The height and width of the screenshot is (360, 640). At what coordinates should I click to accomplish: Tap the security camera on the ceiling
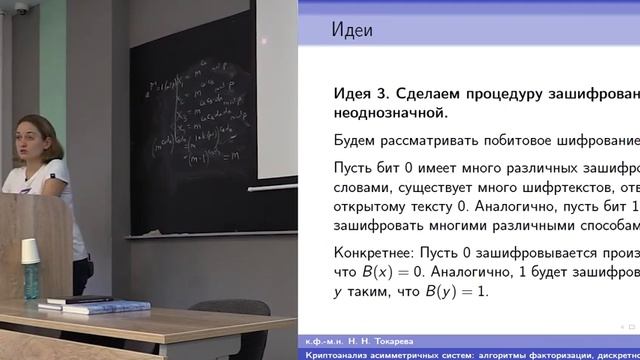click(x=22, y=9)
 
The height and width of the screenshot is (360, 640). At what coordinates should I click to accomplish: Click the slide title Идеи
click(x=352, y=30)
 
